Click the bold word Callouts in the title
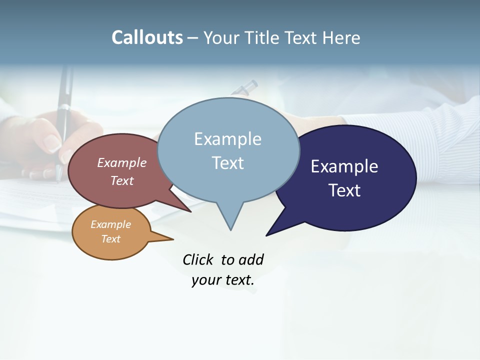click(147, 38)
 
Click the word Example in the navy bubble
click(344, 166)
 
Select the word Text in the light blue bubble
click(228, 163)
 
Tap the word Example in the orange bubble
click(110, 224)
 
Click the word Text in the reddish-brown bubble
click(122, 180)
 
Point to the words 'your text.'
click(223, 280)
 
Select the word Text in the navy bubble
click(345, 190)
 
